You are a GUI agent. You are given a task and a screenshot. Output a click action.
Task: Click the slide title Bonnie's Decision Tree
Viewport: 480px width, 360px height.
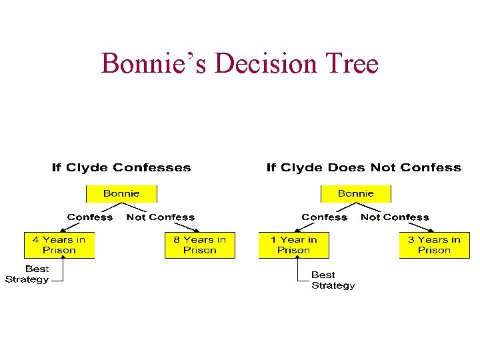coord(239,64)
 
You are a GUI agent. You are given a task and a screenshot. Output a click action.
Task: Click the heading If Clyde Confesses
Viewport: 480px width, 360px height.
coord(121,167)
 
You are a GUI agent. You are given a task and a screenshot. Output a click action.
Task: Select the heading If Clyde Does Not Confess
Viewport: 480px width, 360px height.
coord(363,167)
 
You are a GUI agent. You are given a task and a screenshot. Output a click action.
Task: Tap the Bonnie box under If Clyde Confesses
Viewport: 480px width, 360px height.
coord(121,193)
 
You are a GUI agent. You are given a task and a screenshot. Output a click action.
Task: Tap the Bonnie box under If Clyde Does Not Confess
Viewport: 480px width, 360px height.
coord(356,193)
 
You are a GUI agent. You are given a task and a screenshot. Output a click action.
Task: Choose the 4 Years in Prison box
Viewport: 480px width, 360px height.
coord(59,245)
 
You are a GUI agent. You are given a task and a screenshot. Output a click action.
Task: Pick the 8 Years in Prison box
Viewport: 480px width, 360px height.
coord(200,245)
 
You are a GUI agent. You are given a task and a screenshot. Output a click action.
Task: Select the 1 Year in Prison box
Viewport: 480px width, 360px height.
coord(293,245)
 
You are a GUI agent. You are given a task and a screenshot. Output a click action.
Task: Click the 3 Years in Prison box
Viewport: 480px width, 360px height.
coord(434,245)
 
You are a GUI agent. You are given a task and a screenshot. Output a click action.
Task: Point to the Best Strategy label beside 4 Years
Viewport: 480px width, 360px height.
coord(27,274)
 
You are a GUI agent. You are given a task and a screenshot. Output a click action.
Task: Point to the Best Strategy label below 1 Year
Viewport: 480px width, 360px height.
coord(333,280)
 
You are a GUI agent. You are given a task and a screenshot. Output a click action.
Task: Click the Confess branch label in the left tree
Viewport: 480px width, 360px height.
coord(90,217)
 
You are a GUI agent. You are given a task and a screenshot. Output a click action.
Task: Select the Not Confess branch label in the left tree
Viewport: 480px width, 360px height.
coord(161,217)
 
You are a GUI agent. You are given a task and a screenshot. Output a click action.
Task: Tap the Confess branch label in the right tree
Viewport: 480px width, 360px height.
coord(324,217)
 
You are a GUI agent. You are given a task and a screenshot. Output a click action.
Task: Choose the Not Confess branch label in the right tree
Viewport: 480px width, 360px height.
coord(395,217)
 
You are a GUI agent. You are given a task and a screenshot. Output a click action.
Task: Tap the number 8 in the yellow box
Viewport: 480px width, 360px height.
coord(177,239)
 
